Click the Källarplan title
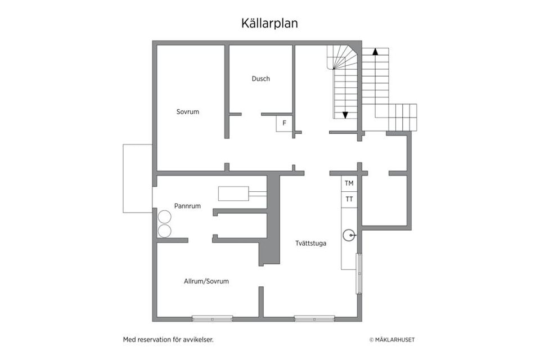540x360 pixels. click(269, 23)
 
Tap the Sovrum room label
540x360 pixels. click(187, 112)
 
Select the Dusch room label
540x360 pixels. click(260, 79)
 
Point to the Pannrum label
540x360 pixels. click(187, 206)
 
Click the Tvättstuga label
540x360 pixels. click(310, 244)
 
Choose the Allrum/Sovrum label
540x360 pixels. click(206, 281)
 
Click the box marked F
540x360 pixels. click(284, 123)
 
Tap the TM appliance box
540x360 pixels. click(349, 183)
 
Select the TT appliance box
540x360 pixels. click(349, 199)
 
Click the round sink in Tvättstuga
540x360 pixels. click(349, 235)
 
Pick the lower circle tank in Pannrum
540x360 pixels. click(164, 231)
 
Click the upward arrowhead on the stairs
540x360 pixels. click(375, 51)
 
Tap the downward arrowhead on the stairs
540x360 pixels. click(345, 115)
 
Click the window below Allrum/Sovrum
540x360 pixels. click(212, 318)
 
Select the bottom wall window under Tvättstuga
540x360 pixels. click(314, 318)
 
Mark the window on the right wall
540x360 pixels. click(359, 273)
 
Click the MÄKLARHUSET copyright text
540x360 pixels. click(391, 340)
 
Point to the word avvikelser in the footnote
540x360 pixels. click(199, 340)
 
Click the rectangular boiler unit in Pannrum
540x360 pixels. click(233, 193)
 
